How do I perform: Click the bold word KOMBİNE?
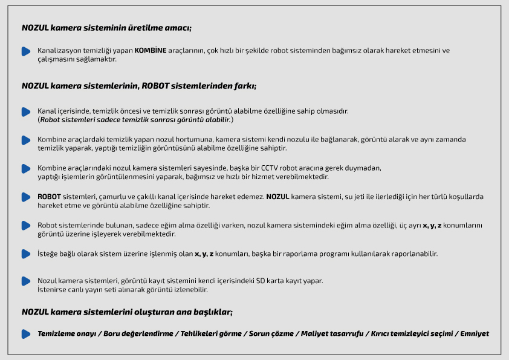click(x=149, y=51)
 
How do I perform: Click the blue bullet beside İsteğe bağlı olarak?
click(x=25, y=254)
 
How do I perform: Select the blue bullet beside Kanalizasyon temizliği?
click(x=25, y=51)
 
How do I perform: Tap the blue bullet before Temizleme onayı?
click(x=25, y=334)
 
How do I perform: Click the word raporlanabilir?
click(x=415, y=254)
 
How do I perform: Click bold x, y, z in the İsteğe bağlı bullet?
click(x=204, y=254)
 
